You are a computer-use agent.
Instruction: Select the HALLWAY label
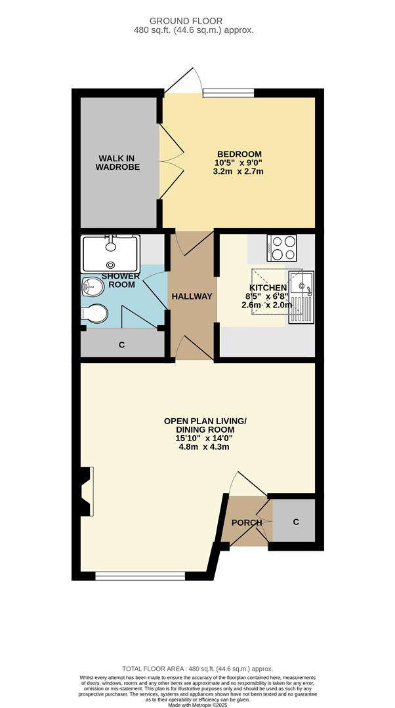192,296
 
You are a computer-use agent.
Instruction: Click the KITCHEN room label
268,288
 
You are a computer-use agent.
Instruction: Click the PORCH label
246,522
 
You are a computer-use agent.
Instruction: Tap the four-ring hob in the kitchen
281,248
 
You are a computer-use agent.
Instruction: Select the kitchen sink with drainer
301,298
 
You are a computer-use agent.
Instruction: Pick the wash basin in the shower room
93,286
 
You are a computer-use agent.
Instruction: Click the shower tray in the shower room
110,253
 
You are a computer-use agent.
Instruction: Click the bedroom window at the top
228,93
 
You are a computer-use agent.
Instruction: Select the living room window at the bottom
139,576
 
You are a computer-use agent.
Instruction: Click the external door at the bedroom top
181,81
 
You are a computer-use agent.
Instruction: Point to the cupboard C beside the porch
295,522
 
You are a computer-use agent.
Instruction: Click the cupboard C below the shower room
121,344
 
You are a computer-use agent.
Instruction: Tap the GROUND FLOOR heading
195,21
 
